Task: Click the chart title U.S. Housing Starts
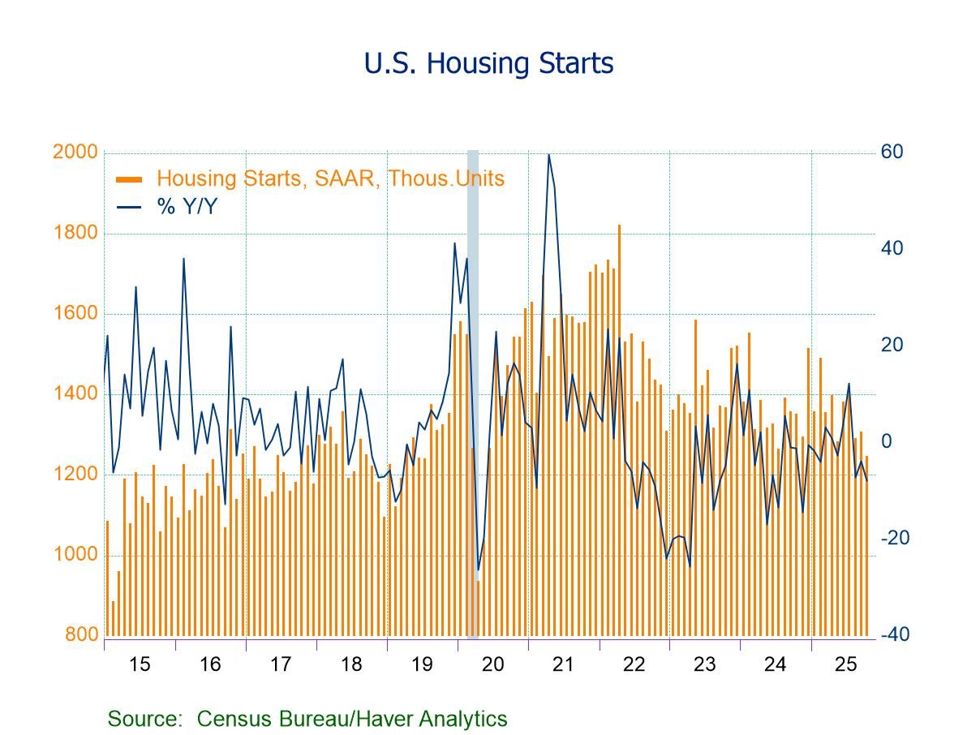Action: pyautogui.click(x=488, y=63)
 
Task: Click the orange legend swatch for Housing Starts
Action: pyautogui.click(x=130, y=179)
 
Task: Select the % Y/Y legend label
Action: pyautogui.click(x=187, y=207)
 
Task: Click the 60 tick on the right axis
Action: pyautogui.click(x=892, y=153)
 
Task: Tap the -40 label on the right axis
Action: pyautogui.click(x=895, y=635)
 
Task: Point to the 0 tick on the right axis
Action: pyautogui.click(x=886, y=442)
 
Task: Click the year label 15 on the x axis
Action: pyautogui.click(x=140, y=664)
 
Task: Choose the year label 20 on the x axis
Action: pyautogui.click(x=492, y=664)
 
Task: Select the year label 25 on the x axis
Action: pyautogui.click(x=845, y=664)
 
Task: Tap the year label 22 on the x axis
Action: pyautogui.click(x=634, y=664)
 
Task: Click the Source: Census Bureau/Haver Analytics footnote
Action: pyautogui.click(x=307, y=719)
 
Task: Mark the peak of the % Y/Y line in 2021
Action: pyautogui.click(x=549, y=154)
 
